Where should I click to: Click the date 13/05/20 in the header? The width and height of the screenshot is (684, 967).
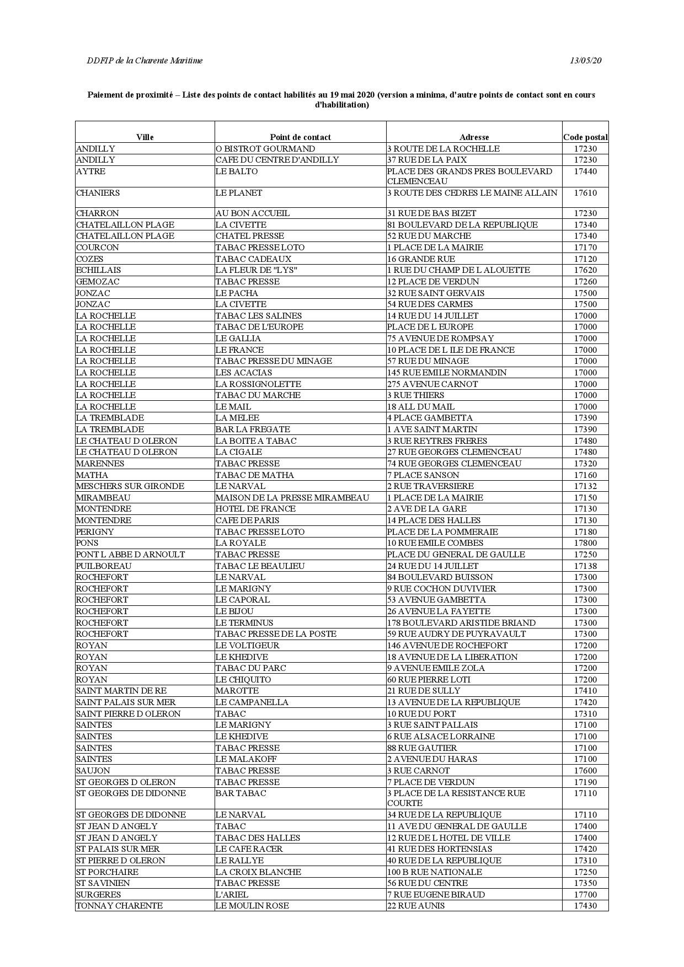click(x=586, y=61)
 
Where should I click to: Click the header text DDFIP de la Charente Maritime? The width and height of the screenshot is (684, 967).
click(x=145, y=61)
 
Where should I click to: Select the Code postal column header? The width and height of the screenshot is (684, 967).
click(x=585, y=137)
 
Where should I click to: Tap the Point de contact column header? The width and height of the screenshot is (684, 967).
click(x=300, y=137)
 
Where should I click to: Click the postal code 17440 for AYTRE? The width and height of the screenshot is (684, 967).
click(x=585, y=171)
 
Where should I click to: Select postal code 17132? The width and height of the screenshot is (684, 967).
click(x=585, y=486)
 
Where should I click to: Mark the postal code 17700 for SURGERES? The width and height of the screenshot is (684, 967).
click(x=585, y=895)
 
